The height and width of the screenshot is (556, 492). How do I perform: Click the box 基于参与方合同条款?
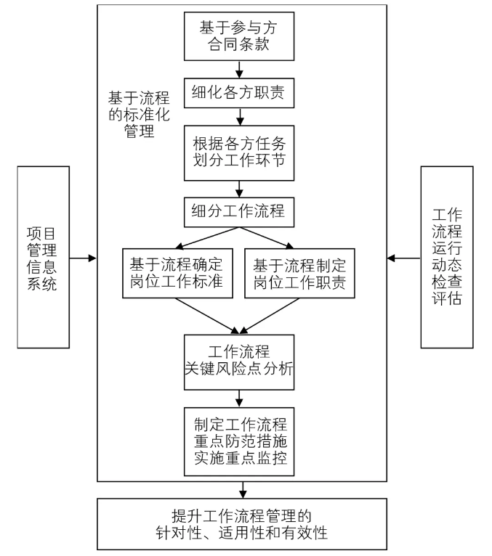click(239, 37)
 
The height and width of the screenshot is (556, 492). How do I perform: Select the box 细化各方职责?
click(239, 93)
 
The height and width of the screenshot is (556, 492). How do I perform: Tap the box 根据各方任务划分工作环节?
click(239, 155)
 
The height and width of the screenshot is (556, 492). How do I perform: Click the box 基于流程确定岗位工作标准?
click(177, 273)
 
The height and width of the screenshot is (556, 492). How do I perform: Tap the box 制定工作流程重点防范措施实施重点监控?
click(239, 441)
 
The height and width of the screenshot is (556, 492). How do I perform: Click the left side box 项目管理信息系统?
click(45, 256)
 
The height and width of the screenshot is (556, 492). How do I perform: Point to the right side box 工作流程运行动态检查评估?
click(446, 256)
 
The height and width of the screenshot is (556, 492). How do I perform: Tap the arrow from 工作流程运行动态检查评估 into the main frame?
click(404, 257)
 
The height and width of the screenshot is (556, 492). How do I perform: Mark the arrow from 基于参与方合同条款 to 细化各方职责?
click(239, 70)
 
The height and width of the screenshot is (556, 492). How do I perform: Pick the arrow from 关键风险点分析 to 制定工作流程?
click(239, 397)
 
